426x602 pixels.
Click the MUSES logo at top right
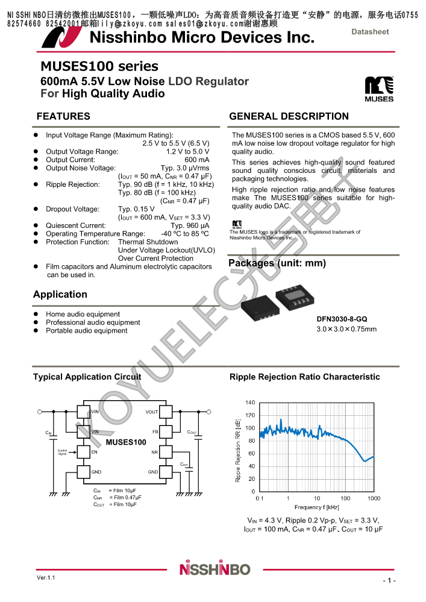pos(379,89)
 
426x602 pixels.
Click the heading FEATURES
pos(63,116)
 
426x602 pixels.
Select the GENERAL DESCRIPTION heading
pos(289,116)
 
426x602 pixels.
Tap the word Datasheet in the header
pos(370,32)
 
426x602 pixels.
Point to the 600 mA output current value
pos(197,160)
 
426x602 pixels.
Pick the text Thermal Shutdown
pos(148,242)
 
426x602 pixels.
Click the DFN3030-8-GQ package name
pos(342,319)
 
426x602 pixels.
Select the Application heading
pos(60,294)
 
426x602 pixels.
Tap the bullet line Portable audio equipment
pos(87,331)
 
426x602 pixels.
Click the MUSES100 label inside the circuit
pos(126,442)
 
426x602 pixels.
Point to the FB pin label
pos(155,432)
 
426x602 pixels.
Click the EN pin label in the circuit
pos(94,451)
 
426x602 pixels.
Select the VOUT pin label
pos(152,412)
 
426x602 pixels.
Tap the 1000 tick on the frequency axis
pos(374,498)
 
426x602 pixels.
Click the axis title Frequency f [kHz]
pos(317,507)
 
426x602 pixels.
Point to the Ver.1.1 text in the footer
pos(46,578)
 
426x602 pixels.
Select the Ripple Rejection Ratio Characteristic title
pos(304,377)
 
